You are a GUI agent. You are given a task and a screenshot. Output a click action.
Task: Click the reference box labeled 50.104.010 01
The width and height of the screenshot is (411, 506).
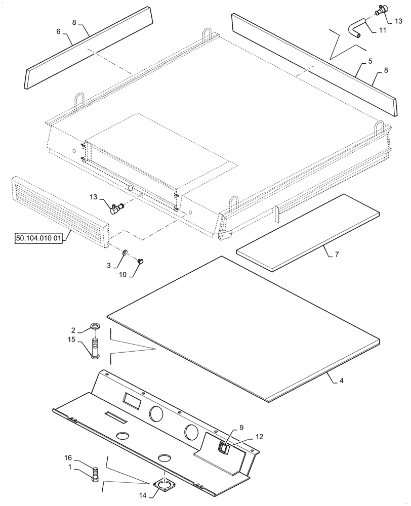coord(38,237)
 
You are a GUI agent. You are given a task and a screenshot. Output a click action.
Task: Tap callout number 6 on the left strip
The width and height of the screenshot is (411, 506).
coord(58,32)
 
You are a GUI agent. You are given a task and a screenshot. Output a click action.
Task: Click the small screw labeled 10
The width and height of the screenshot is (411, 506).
coord(141,261)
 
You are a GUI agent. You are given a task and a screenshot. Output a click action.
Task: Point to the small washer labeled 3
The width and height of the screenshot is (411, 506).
coord(125,251)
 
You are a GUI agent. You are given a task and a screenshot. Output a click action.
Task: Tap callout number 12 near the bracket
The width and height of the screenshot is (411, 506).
coord(259,436)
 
